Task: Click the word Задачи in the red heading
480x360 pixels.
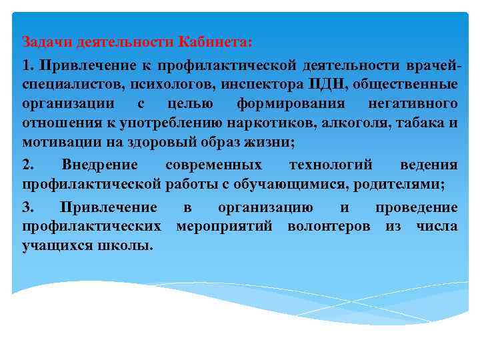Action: coord(47,42)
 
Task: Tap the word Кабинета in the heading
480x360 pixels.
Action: coord(215,42)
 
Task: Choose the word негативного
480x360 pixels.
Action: coord(413,103)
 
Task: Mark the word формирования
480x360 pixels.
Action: coord(291,103)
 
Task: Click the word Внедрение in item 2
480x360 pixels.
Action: coord(99,165)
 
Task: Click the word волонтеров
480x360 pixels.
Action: coord(329,226)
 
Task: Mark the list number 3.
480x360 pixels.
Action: coord(27,207)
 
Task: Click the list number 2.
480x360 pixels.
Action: coord(27,165)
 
